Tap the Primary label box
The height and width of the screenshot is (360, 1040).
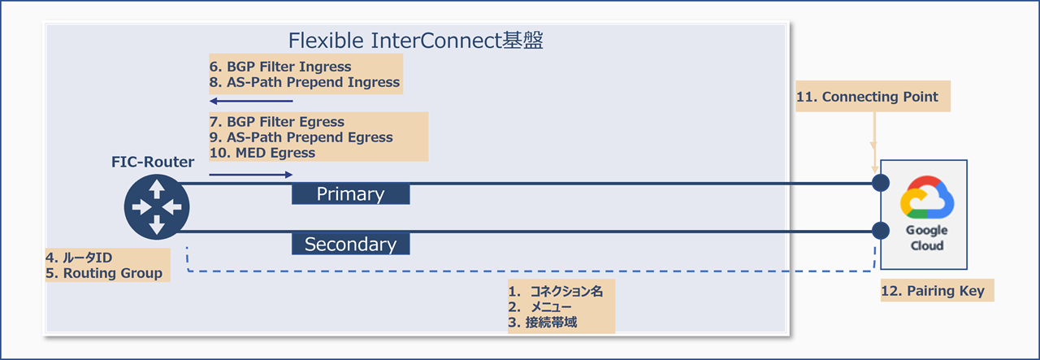pos(350,194)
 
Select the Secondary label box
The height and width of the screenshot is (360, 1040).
pos(350,244)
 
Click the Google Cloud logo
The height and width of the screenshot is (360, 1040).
pos(927,199)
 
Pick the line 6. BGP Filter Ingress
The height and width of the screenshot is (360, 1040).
pos(280,67)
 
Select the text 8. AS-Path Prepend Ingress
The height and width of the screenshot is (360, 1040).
pos(305,82)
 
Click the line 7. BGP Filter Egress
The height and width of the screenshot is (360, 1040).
pos(277,122)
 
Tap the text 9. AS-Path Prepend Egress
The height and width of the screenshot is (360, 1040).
pos(301,137)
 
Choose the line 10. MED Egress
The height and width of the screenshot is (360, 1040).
pos(262,152)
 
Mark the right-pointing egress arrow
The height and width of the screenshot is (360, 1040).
pos(250,174)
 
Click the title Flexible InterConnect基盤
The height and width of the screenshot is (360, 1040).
pos(416,41)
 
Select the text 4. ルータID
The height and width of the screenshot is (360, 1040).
pos(79,258)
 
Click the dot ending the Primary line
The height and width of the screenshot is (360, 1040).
pos(878,183)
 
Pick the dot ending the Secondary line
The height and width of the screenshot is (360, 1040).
pos(878,231)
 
